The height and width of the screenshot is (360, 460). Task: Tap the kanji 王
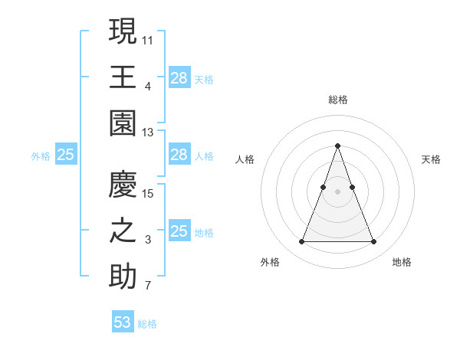point(123,77)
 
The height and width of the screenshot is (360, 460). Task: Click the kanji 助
point(123,276)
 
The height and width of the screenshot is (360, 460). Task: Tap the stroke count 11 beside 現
point(149,39)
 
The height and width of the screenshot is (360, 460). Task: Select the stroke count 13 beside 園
point(149,133)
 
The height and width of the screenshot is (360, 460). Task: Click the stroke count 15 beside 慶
point(149,192)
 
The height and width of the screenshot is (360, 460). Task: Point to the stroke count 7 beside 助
point(148,286)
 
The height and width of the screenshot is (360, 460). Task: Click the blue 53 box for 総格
point(123,322)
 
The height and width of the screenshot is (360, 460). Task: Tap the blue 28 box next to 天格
point(179,77)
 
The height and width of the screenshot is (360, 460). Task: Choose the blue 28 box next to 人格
point(179,155)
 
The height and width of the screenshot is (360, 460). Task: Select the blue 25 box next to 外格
point(66,155)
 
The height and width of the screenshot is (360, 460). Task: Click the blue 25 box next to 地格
point(179,231)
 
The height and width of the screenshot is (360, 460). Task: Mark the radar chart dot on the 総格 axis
point(337,146)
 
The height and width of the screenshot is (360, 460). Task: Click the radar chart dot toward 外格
point(301,242)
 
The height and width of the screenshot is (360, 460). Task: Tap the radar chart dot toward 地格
point(373,242)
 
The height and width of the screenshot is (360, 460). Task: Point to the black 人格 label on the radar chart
point(245,159)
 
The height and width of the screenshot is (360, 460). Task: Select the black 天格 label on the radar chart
point(431,159)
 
